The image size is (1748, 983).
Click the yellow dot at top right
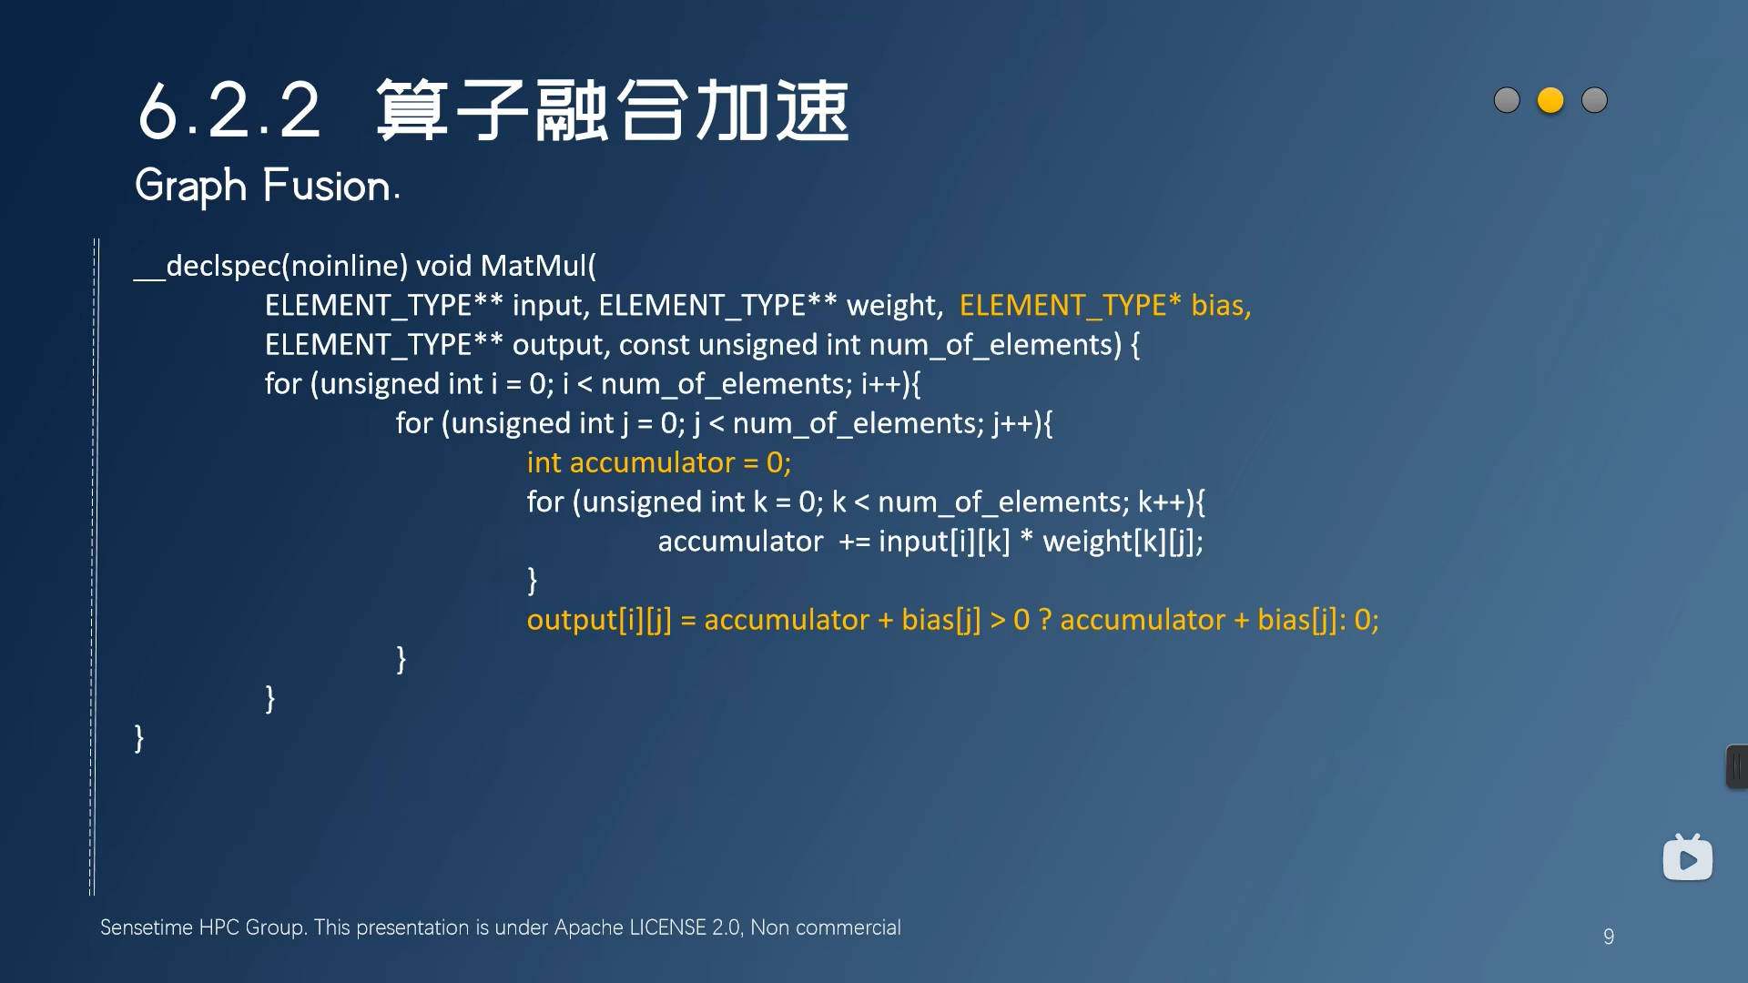tap(1550, 100)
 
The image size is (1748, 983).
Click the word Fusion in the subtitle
tap(328, 186)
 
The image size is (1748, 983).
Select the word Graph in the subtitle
tap(190, 186)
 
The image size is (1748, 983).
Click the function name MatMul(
tap(538, 266)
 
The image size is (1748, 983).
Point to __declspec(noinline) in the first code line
tap(270, 266)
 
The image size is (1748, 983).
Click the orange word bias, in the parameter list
tap(1221, 306)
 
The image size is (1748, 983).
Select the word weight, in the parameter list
tap(895, 306)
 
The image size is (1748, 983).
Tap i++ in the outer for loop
tap(880, 384)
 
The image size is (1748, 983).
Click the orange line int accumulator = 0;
tap(658, 463)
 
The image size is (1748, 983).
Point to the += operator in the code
tap(854, 542)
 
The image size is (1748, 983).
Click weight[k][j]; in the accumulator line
tap(1123, 542)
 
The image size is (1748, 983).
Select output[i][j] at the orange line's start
tap(599, 621)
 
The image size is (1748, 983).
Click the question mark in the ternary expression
tap(1045, 621)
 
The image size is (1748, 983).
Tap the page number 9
tap(1609, 937)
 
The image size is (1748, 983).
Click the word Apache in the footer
tap(589, 927)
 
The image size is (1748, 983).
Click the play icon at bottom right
tap(1687, 859)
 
